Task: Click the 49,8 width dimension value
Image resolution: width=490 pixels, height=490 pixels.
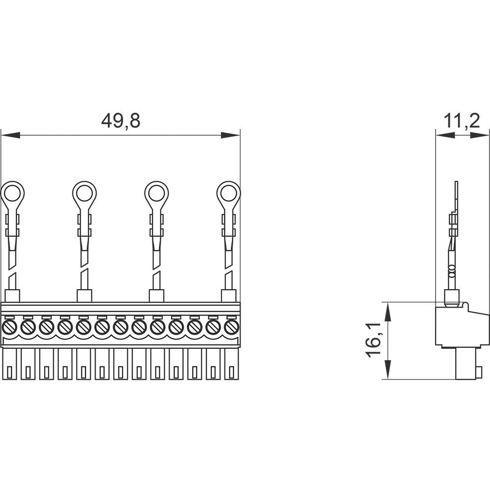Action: point(121,121)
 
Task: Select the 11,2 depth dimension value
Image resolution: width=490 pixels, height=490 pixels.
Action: point(462,121)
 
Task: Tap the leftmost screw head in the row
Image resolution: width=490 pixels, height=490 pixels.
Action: point(9,327)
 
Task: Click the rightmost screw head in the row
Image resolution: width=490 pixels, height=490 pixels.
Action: point(231,327)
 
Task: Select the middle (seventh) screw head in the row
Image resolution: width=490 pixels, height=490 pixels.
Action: point(120,327)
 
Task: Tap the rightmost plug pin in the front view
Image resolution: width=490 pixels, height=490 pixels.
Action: point(231,365)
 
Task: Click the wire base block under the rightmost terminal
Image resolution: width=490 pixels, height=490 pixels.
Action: point(228,295)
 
